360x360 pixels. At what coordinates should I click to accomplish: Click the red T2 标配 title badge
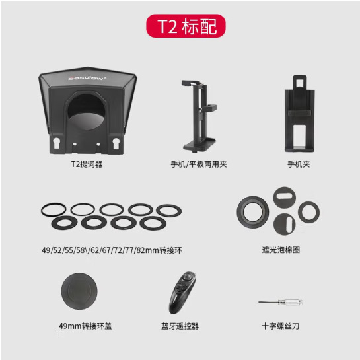pyautogui.click(x=186, y=26)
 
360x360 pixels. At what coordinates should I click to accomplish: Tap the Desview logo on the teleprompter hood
pyautogui.click(x=87, y=78)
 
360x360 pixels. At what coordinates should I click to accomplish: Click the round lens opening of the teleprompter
pyautogui.click(x=87, y=112)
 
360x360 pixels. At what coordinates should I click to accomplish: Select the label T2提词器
pyautogui.click(x=87, y=164)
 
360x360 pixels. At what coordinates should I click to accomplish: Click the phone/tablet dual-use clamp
pyautogui.click(x=199, y=116)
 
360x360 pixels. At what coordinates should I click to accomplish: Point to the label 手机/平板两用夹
pyautogui.click(x=199, y=164)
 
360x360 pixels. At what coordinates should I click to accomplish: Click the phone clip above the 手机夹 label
pyautogui.click(x=299, y=113)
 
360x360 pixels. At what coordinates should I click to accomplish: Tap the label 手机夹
pyautogui.click(x=299, y=164)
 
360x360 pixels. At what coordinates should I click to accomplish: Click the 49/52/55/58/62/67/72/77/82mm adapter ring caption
pyautogui.click(x=112, y=250)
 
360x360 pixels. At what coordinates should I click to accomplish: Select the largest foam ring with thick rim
pyautogui.click(x=253, y=212)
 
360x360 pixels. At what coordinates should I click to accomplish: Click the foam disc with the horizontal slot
pyautogui.click(x=284, y=198)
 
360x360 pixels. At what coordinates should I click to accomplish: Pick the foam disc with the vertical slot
pyautogui.click(x=285, y=225)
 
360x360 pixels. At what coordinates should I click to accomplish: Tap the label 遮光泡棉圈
pyautogui.click(x=281, y=250)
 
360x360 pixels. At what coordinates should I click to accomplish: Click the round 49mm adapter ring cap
pyautogui.click(x=79, y=291)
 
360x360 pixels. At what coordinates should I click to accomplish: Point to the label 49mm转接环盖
pyautogui.click(x=85, y=326)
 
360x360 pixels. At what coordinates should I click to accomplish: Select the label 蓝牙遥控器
pyautogui.click(x=180, y=326)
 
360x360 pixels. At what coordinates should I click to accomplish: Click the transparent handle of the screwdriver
pyautogui.click(x=291, y=302)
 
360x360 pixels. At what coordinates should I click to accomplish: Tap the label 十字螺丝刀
pyautogui.click(x=280, y=326)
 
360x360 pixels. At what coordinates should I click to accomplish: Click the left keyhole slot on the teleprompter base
pyautogui.click(x=57, y=143)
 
